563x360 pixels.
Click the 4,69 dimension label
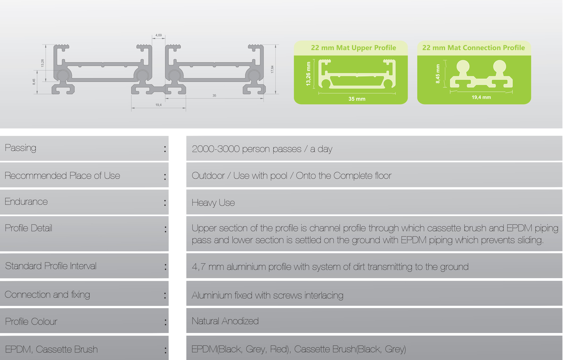[x=159, y=35]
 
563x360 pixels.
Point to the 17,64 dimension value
[x=272, y=69]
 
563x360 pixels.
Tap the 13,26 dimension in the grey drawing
[x=42, y=63]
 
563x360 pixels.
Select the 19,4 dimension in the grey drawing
[x=159, y=105]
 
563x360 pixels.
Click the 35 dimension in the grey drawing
[x=214, y=95]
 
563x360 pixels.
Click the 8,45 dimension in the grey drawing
[x=34, y=82]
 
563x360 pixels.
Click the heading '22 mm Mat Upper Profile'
[x=353, y=48]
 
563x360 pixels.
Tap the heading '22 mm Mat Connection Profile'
[x=473, y=48]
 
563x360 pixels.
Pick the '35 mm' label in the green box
[x=357, y=99]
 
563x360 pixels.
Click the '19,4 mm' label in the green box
[x=481, y=97]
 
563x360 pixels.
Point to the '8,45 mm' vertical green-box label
[x=438, y=74]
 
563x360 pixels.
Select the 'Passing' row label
[x=20, y=148]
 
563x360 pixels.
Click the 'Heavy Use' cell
[x=213, y=203]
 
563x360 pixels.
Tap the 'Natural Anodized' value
[x=225, y=321]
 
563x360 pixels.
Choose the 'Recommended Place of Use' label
[x=62, y=176]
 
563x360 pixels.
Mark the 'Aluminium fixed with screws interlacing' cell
[x=267, y=295]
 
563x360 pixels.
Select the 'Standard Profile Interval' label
[x=51, y=266]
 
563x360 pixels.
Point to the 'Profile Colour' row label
[x=31, y=321]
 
